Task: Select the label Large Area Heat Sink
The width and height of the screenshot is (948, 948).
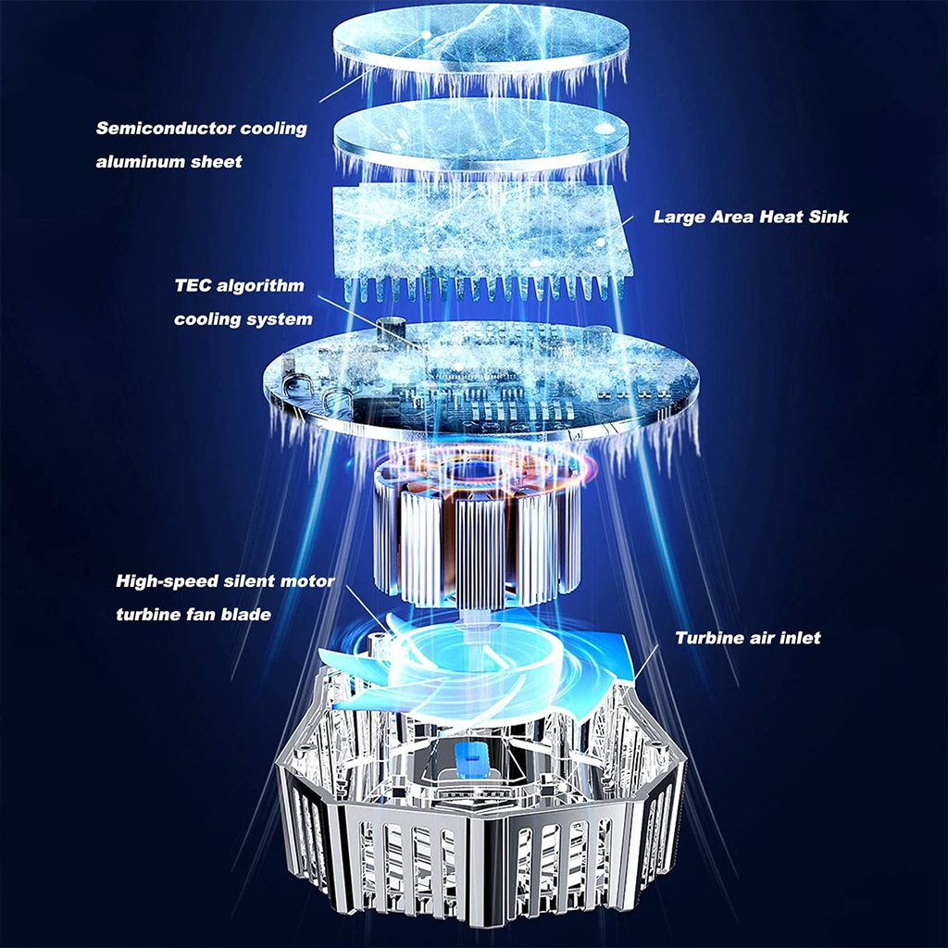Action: point(751,217)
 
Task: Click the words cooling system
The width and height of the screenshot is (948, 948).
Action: point(243,319)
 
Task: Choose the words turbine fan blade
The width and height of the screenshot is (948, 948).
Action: point(193,615)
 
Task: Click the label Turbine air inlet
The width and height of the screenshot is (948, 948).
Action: point(748,638)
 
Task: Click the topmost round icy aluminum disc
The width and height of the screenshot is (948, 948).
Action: point(480,39)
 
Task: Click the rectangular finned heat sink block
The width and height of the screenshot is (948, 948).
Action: point(483,242)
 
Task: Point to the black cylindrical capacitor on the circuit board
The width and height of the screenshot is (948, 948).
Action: point(390,331)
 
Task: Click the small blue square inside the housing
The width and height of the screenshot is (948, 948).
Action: point(473,757)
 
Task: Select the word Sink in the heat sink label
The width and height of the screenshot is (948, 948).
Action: point(829,217)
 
